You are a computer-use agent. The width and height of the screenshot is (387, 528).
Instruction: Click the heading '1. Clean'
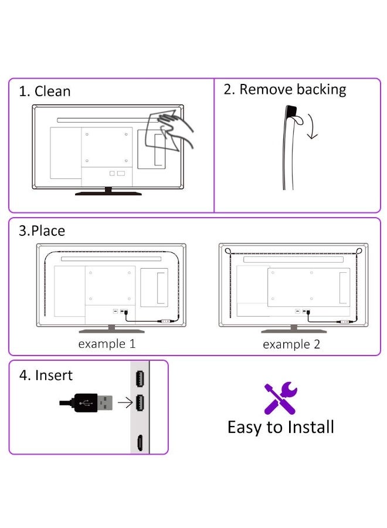point(45,92)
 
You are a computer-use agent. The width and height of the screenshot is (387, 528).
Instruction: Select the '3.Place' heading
point(42,231)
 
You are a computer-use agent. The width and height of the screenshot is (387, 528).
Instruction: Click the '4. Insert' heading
point(46,375)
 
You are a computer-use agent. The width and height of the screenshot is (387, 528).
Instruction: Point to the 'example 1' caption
point(107,344)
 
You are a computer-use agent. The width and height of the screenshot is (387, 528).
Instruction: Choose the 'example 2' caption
point(291,344)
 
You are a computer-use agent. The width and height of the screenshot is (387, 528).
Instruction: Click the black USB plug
point(86,402)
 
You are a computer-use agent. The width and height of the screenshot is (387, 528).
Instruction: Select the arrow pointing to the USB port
point(125,402)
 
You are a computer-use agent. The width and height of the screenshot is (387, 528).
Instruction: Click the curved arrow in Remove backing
point(312,127)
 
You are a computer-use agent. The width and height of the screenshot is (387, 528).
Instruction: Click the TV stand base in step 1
point(108,193)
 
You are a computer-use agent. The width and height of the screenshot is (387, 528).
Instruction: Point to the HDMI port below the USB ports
point(140,442)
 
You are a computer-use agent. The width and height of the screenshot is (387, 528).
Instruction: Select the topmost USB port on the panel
point(140,379)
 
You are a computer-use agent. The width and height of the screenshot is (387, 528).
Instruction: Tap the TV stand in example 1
point(112,330)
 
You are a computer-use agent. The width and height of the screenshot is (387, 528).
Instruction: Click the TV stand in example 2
point(294,330)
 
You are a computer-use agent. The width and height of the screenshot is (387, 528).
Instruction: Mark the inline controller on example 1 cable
point(165,321)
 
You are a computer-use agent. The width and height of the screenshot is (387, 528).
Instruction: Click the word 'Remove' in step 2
point(266,90)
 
